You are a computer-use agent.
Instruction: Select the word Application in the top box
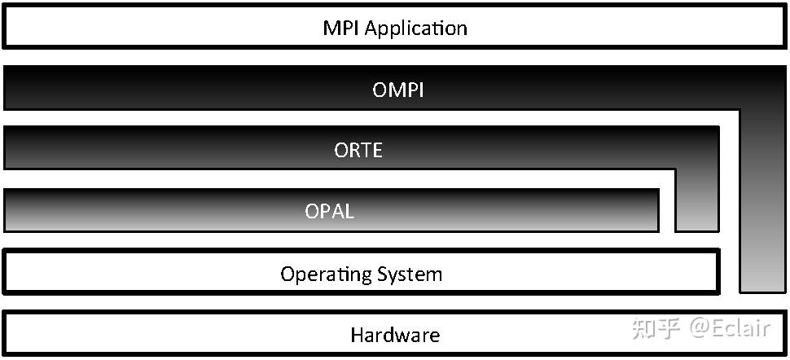(x=415, y=29)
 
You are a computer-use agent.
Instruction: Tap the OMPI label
(x=398, y=90)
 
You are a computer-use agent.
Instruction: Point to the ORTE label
(x=358, y=151)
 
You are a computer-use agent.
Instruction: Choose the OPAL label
(x=330, y=211)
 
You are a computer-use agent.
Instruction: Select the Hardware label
(x=395, y=335)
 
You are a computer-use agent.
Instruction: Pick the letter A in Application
(x=371, y=29)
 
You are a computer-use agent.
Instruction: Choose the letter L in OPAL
(x=349, y=211)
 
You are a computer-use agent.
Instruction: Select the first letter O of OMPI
(x=380, y=90)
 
